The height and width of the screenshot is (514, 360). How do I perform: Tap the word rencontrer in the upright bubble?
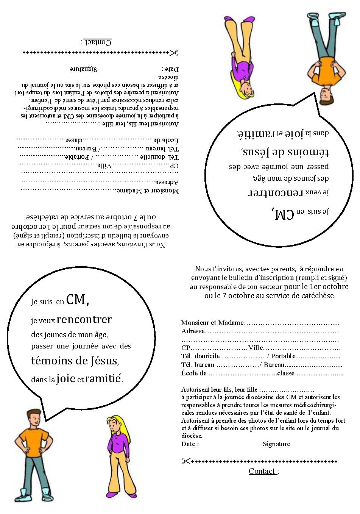pos(84,320)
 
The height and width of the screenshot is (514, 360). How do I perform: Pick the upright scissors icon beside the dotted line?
pos(185,461)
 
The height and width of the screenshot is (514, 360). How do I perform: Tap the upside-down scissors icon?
pos(174,53)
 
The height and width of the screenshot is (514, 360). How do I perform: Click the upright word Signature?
pos(276,444)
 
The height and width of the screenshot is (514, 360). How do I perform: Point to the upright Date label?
pos(189,444)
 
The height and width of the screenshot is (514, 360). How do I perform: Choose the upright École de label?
pos(194,373)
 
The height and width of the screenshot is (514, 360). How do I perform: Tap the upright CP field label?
pos(185,348)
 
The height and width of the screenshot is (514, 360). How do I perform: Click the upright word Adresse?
pos(193,331)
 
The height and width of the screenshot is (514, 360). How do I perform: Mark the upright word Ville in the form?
pos(256,348)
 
